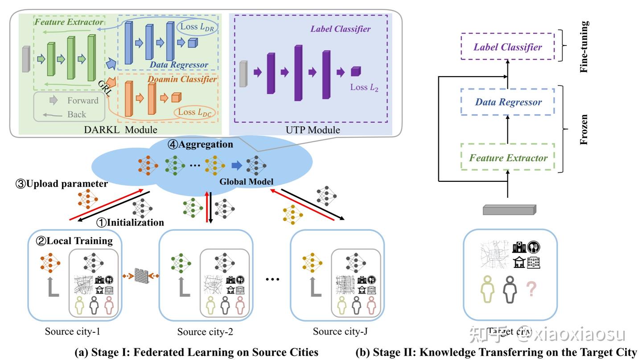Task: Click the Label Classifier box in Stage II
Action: point(508,47)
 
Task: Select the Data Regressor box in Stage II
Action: point(508,102)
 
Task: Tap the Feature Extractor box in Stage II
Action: point(508,158)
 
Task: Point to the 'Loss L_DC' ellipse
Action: point(194,112)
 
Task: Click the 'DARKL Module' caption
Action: point(120,130)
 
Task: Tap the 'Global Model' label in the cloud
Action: point(246,182)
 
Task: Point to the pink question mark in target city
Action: point(531,289)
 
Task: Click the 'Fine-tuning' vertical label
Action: point(584,46)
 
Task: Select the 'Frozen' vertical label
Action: point(584,130)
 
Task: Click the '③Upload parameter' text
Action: point(62,184)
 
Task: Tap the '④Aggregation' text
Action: point(200,144)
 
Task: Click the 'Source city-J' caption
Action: point(340,331)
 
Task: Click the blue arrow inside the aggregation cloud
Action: point(236,165)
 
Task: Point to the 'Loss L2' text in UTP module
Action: point(364,87)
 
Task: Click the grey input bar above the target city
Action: point(509,209)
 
